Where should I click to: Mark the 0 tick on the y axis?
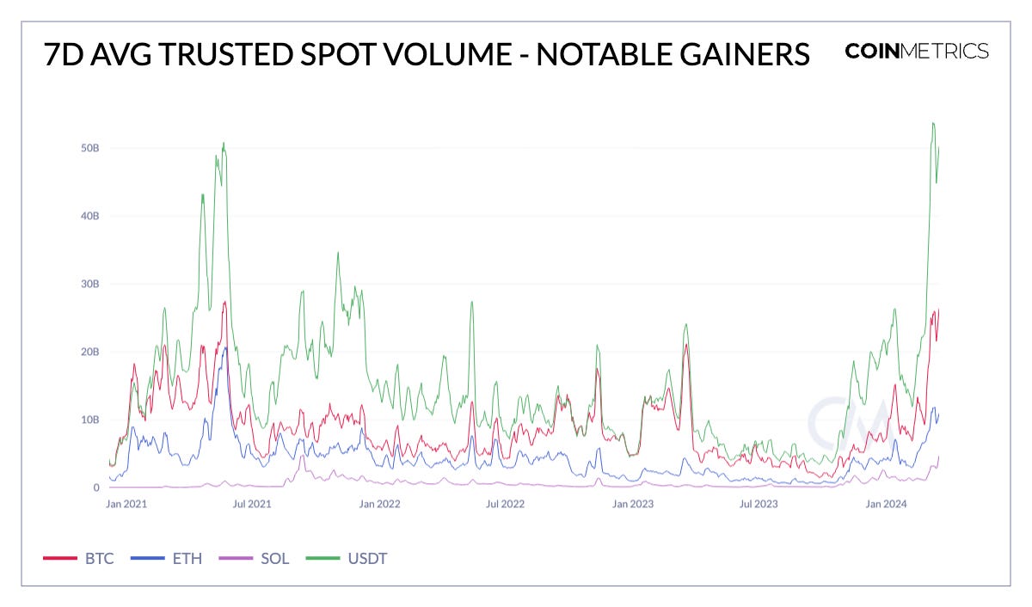coord(97,487)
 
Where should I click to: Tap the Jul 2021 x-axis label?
coord(253,504)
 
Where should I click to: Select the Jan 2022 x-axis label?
coord(379,504)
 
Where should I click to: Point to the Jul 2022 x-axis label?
coord(505,504)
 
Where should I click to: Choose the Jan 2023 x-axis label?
coord(632,504)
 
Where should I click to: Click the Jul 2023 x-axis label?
coord(758,504)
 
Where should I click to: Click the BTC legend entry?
coord(78,559)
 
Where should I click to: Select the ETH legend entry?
coord(167,559)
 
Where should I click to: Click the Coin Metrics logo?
coord(917,51)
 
